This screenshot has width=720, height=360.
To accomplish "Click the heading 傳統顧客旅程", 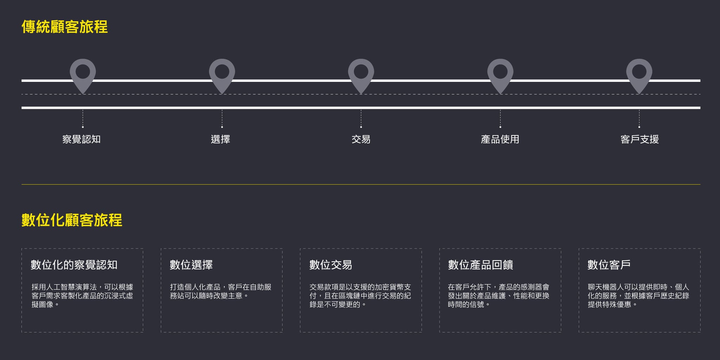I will (65, 27).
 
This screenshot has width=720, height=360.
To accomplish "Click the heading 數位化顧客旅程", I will (72, 220).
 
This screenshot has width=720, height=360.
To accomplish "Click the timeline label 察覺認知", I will (82, 139).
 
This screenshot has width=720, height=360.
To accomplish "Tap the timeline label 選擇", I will (220, 139).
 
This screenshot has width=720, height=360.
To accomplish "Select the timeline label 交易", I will (361, 139).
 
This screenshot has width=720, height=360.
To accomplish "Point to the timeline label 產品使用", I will (500, 139).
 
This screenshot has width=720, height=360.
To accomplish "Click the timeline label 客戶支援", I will (639, 139).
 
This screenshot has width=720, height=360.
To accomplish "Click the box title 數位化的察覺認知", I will (74, 265).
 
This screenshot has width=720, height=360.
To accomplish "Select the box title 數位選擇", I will (191, 265).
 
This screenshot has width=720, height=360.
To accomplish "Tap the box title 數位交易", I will (330, 265).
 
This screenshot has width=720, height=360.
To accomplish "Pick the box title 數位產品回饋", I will (481, 265).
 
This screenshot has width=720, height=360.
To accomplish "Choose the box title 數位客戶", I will (609, 265).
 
